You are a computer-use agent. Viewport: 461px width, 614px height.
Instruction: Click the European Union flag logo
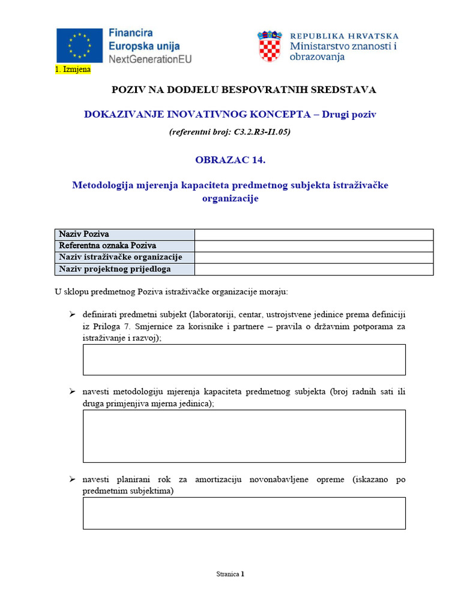tap(79, 46)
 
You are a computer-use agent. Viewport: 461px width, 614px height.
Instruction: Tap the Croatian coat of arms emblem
tap(270, 47)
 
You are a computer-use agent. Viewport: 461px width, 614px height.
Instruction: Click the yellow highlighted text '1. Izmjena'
tap(73, 70)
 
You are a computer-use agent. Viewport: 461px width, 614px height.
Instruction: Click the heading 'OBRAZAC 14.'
tap(230, 159)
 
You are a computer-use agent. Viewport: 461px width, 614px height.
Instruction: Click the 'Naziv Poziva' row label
tap(83, 234)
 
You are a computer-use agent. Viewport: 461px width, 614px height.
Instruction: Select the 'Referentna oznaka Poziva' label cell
tap(107, 246)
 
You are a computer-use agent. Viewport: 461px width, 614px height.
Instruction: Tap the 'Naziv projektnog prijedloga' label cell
tap(114, 269)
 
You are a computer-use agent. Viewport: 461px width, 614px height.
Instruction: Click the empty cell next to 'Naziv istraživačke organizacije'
tap(314, 257)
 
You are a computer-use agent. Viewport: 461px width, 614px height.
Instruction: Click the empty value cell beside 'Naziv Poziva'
tap(314, 234)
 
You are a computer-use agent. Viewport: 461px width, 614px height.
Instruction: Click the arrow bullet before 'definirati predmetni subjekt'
tap(72, 314)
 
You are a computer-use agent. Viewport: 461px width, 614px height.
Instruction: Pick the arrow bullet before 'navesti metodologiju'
tap(72, 392)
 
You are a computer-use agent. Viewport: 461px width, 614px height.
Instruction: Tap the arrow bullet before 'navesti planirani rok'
tap(72, 480)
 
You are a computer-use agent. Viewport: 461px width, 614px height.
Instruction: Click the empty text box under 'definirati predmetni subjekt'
tap(244, 360)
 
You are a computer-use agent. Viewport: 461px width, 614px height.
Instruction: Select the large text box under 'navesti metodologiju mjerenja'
tap(244, 436)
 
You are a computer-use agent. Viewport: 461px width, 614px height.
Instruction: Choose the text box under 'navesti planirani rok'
tap(244, 513)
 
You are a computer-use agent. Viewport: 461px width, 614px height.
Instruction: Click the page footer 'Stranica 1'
tap(230, 574)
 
